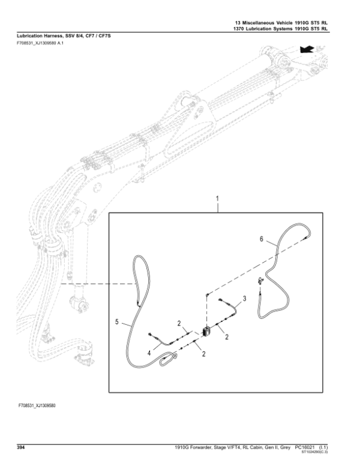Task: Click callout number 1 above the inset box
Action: tap(217, 198)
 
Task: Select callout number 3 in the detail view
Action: tap(245, 298)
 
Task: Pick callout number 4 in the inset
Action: tap(116, 322)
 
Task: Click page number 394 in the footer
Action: tap(20, 447)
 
